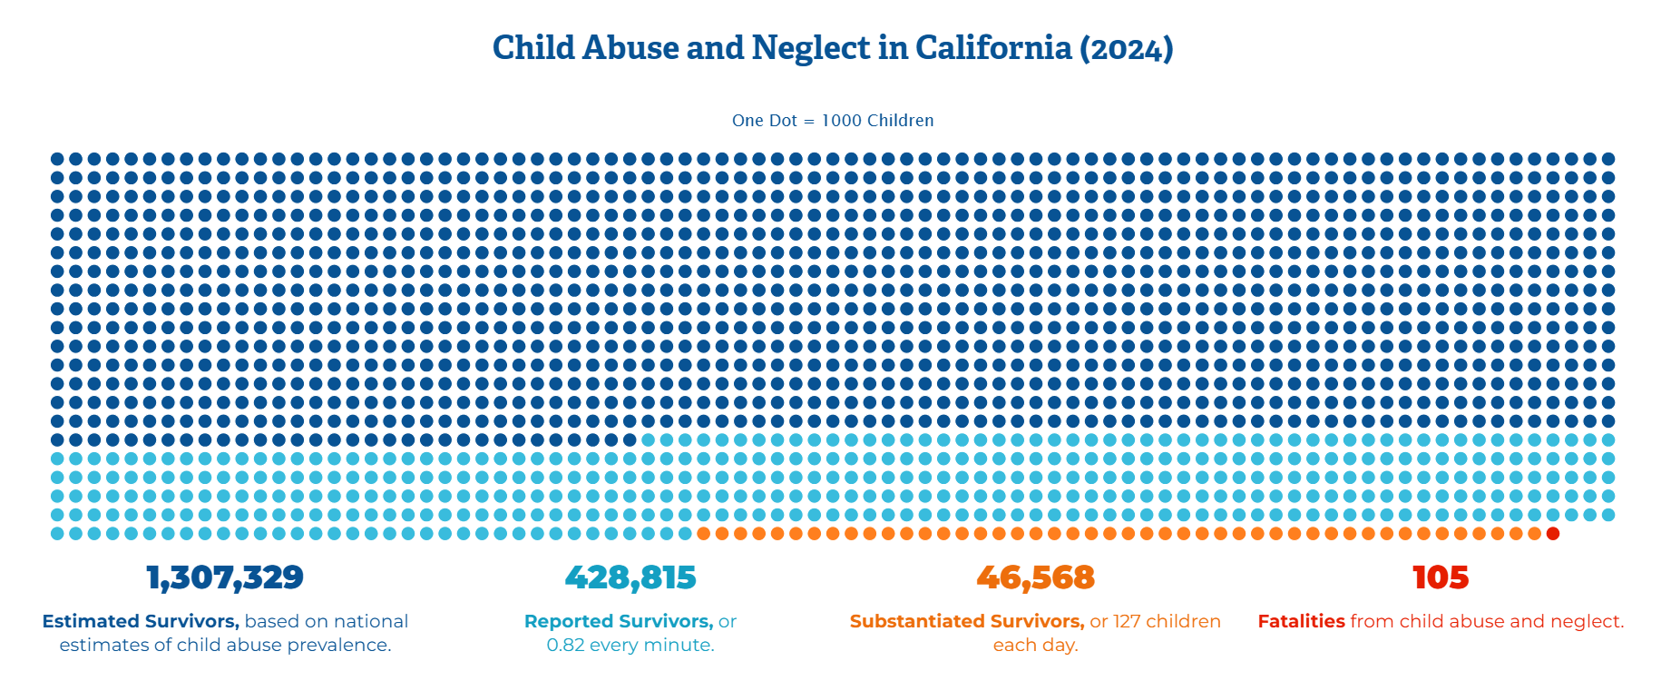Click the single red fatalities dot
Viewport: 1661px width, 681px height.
coord(1552,533)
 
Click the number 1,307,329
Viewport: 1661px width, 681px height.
coord(225,577)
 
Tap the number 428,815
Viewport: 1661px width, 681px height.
coord(630,577)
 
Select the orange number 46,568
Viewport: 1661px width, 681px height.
coord(1035,577)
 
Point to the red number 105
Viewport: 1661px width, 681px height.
coord(1441,577)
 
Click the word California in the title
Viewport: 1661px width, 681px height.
coord(993,48)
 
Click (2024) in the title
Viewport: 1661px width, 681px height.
coord(1126,48)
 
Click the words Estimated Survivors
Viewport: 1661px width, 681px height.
coord(141,621)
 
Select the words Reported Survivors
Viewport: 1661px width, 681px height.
coord(618,621)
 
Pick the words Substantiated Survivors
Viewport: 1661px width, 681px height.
coord(966,621)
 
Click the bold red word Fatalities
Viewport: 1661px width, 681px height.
coord(1301,621)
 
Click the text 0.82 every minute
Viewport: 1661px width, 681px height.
coord(630,645)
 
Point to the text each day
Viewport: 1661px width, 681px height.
coord(1035,645)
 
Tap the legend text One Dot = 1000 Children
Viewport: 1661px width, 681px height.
coord(833,121)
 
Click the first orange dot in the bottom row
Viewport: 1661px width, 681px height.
coord(703,533)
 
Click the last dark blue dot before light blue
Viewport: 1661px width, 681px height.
coord(630,439)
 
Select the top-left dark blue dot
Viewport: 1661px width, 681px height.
coord(57,159)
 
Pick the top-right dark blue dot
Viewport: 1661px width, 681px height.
coord(1607,159)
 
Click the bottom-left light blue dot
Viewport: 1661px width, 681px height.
coord(57,533)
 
